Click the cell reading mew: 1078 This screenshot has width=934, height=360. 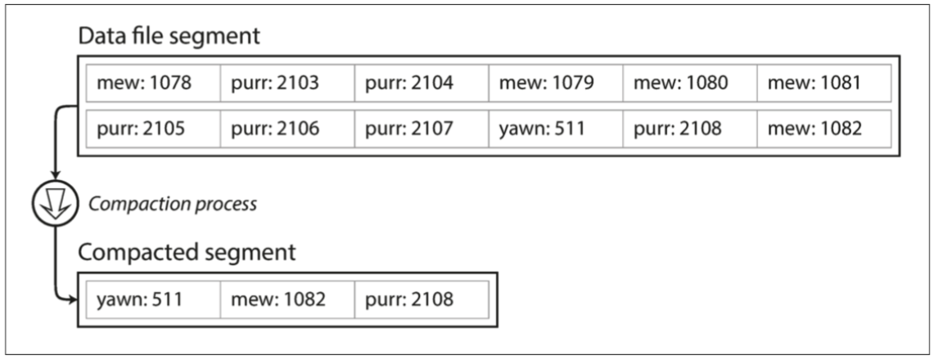(x=152, y=83)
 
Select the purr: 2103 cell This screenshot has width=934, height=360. (x=287, y=83)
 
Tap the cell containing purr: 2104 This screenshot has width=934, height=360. (x=421, y=83)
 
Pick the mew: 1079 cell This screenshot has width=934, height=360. (x=555, y=83)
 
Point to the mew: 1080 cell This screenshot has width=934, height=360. (x=689, y=83)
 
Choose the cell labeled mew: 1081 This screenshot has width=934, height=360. (x=823, y=83)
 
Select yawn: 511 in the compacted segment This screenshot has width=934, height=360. (x=152, y=299)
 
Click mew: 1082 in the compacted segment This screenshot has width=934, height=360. (x=287, y=299)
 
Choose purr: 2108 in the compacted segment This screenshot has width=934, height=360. (x=421, y=299)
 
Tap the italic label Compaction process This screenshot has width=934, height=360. (x=172, y=204)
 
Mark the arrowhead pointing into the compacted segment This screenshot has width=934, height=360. (x=71, y=300)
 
